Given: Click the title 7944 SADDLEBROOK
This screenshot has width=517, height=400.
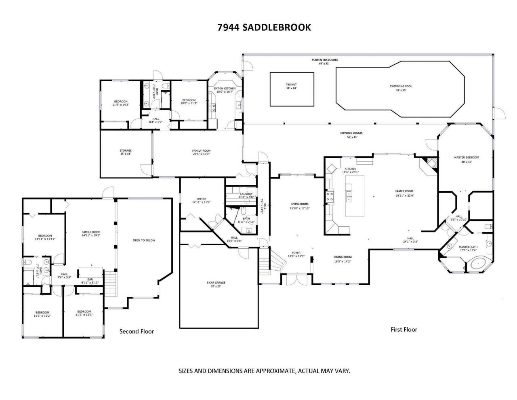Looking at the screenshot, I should (264, 27).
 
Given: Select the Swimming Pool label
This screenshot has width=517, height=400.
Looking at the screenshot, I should (401, 86).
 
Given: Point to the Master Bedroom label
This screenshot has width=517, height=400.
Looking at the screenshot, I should (466, 157).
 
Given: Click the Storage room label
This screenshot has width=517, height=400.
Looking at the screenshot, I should (126, 151).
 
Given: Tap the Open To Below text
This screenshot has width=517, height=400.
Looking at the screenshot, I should (144, 240).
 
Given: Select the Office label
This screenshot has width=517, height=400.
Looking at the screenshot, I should (201, 199).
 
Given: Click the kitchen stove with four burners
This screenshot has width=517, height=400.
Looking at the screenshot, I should (330, 197).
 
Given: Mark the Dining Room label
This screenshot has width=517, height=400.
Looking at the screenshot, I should (342, 257).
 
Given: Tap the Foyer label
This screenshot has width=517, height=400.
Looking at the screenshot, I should (296, 253).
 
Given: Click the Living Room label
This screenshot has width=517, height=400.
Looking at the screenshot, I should (299, 204).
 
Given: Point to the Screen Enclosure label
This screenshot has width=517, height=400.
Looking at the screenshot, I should (325, 60).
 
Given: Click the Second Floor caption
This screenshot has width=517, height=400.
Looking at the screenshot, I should (137, 331).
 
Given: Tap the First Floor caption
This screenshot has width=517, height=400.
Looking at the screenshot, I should (404, 329).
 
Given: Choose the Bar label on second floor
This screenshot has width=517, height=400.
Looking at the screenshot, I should (90, 279).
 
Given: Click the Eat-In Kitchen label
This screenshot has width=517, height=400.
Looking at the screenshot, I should (224, 89).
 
